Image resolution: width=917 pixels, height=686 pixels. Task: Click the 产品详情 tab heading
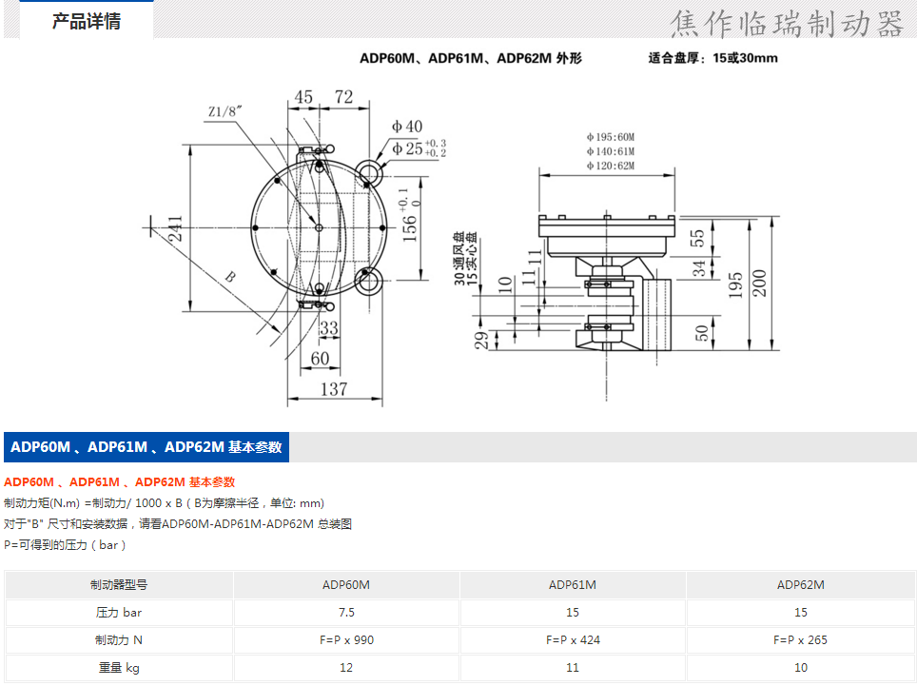pyautogui.click(x=86, y=22)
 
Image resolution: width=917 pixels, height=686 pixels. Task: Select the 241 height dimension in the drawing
pyautogui.click(x=176, y=228)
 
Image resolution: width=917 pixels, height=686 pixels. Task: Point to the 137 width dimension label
pyautogui.click(x=334, y=389)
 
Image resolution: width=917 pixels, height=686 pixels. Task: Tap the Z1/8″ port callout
pyautogui.click(x=225, y=111)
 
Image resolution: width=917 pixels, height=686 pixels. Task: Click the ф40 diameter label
pyautogui.click(x=407, y=127)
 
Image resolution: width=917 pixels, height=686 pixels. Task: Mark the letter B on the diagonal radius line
pyautogui.click(x=230, y=277)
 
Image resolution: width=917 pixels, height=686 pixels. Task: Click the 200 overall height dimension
pyautogui.click(x=759, y=283)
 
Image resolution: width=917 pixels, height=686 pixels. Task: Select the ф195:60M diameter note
pyautogui.click(x=611, y=137)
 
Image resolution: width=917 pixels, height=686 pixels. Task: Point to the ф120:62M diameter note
pyautogui.click(x=611, y=166)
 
